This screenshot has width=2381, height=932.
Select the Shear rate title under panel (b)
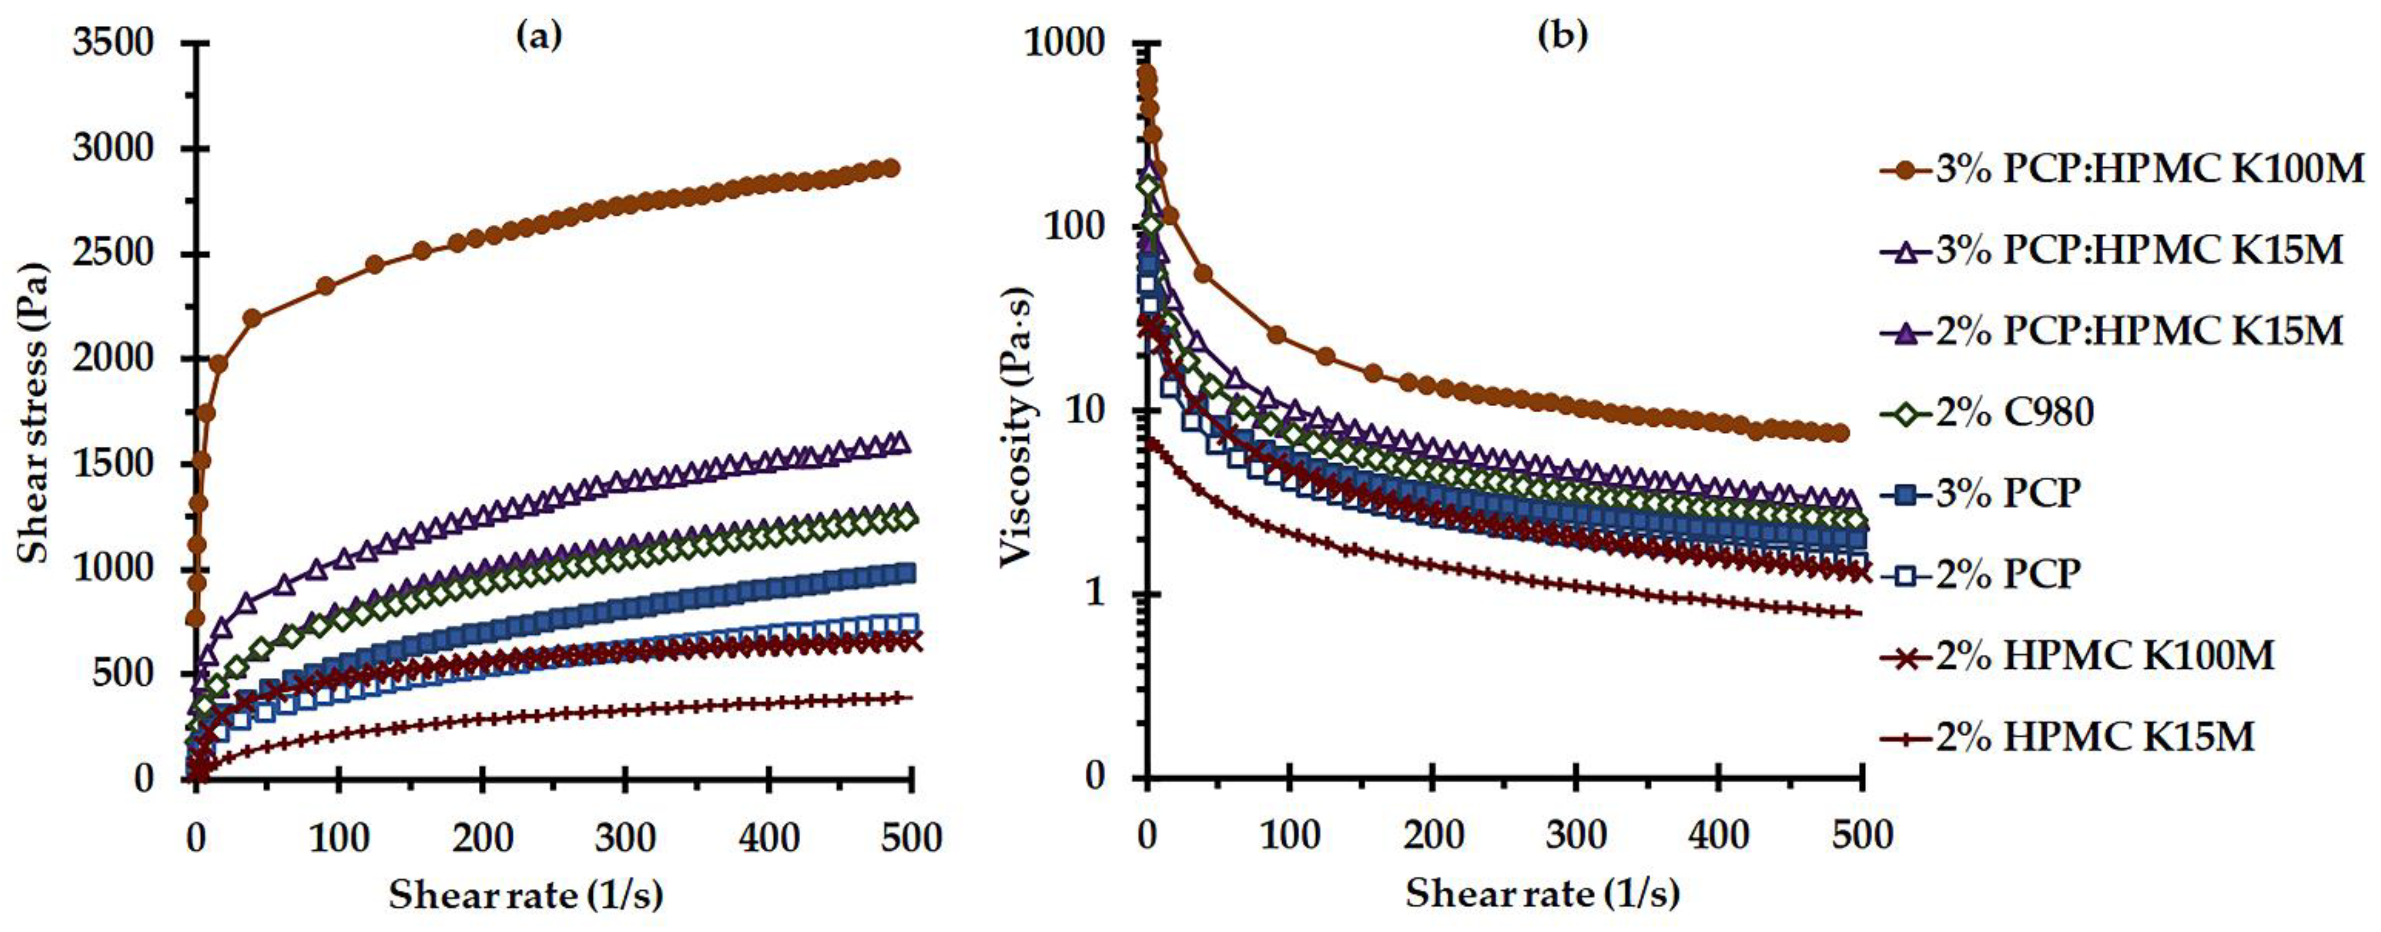pyautogui.click(x=1542, y=895)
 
